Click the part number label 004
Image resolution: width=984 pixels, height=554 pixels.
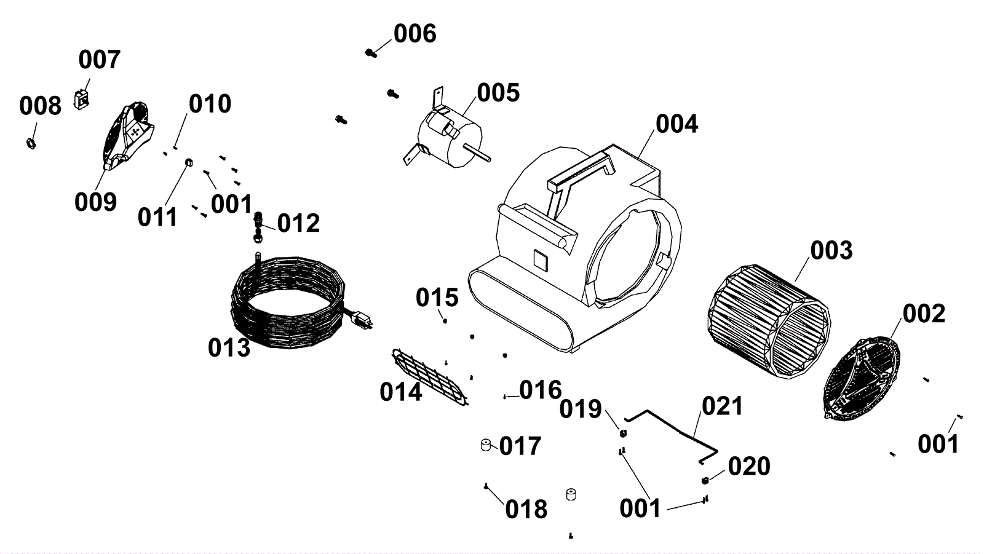[676, 124]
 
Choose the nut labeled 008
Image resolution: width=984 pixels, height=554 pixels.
[29, 143]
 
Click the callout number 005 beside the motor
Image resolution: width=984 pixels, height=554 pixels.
[498, 93]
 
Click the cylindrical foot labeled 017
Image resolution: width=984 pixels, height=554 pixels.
[486, 445]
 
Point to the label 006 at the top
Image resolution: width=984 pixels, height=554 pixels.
[415, 34]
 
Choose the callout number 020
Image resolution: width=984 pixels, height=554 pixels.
[748, 467]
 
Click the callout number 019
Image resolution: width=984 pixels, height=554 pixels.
[580, 409]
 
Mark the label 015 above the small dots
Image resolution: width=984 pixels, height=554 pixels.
[437, 298]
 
